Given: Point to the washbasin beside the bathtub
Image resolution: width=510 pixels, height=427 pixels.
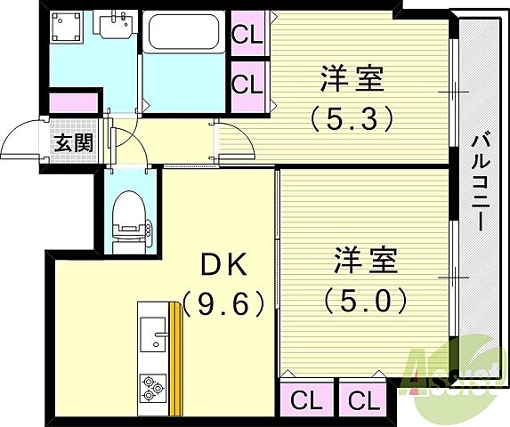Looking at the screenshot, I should pos(112,29).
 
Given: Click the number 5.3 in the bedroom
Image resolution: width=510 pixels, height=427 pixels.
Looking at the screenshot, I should pos(351,117).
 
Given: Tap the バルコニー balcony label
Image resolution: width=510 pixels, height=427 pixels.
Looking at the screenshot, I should pos(482,182).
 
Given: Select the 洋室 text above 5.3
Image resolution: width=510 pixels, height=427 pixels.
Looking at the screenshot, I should pos(352,78).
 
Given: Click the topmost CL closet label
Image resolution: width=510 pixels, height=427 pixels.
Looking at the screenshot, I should pos(248,36).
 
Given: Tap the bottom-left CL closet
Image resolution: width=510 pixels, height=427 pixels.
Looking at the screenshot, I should pos(306,398).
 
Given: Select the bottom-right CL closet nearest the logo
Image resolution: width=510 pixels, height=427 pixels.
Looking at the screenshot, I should pos(361,398).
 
